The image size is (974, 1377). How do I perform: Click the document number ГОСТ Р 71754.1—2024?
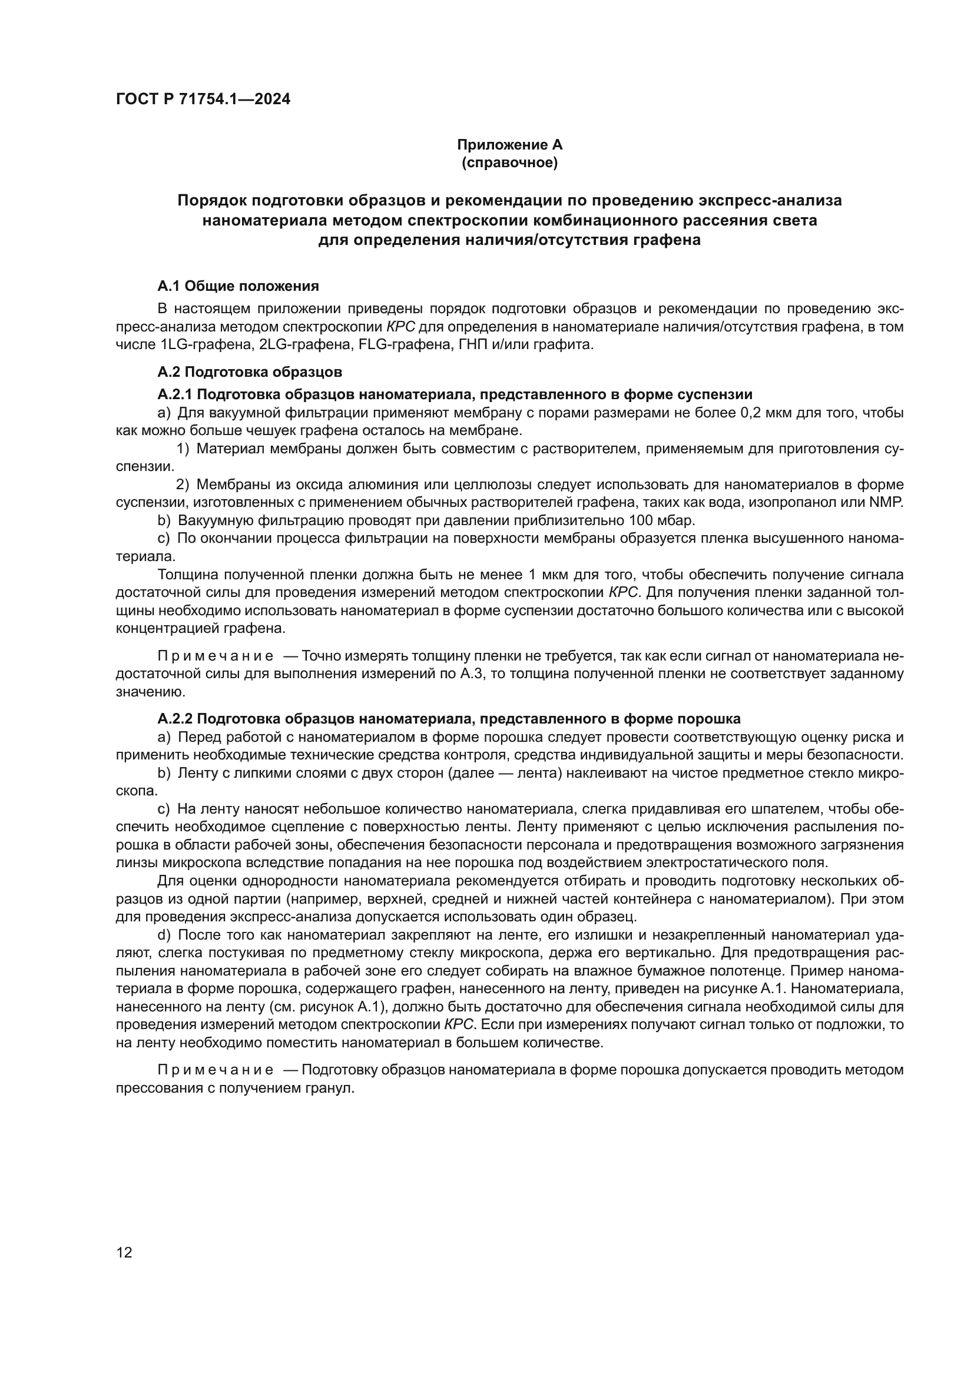coord(203,99)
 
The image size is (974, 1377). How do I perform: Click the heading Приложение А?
coord(509,145)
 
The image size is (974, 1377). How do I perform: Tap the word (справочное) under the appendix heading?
coord(509,162)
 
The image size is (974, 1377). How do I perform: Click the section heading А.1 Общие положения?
coord(238,286)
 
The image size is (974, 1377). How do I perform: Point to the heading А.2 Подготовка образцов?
coord(250,372)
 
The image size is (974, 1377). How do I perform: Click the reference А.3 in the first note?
coord(470,673)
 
